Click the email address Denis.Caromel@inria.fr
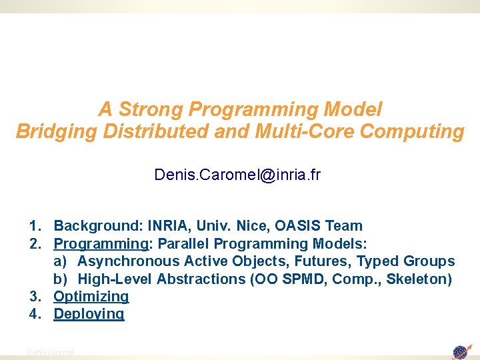(x=237, y=175)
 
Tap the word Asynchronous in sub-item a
(x=129, y=261)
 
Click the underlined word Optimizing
(x=91, y=296)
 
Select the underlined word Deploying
(x=89, y=313)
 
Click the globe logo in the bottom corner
(x=461, y=351)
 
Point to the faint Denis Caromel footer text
(x=51, y=351)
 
